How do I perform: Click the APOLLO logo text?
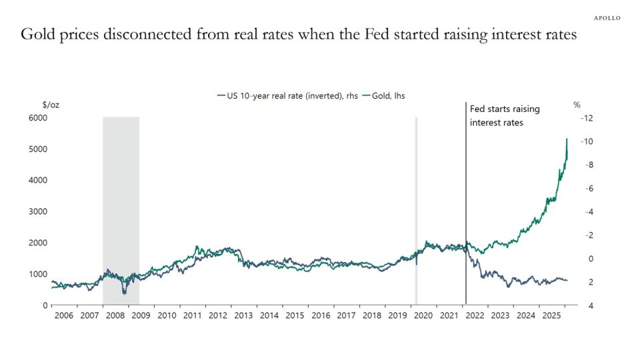coord(607,18)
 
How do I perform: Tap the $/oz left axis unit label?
coord(51,105)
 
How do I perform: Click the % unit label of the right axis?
coord(577,105)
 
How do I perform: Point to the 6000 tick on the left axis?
coord(37,118)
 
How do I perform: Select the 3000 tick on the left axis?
coord(37,211)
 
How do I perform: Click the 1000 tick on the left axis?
coord(37,274)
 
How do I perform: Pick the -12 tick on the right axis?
coord(587,118)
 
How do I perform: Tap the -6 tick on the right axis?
coord(587,189)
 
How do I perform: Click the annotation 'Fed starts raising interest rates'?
coord(505,116)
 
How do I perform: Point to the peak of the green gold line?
coord(567,139)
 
